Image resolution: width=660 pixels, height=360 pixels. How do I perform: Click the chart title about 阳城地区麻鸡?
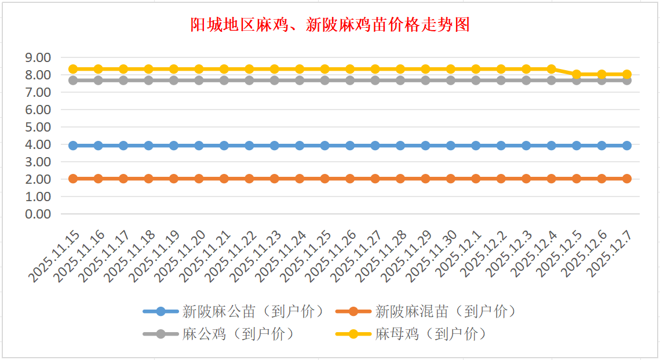pyautogui.click(x=330, y=25)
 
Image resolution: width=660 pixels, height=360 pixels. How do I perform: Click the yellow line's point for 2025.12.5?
pyautogui.click(x=577, y=74)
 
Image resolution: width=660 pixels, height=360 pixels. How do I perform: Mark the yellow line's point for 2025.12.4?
pyautogui.click(x=552, y=69)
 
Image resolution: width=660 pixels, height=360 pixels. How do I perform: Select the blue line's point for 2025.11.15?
pyautogui.click(x=73, y=146)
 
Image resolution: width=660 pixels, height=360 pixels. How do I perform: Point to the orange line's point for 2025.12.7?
pyautogui.click(x=627, y=179)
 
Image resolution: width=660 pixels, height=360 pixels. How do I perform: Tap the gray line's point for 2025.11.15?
pyautogui.click(x=73, y=80)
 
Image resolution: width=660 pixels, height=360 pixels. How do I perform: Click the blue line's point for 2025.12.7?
pyautogui.click(x=627, y=146)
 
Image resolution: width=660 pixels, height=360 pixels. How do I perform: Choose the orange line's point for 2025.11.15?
pyautogui.click(x=73, y=179)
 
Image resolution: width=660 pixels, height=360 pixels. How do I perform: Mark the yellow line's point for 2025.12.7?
pyautogui.click(x=627, y=74)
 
